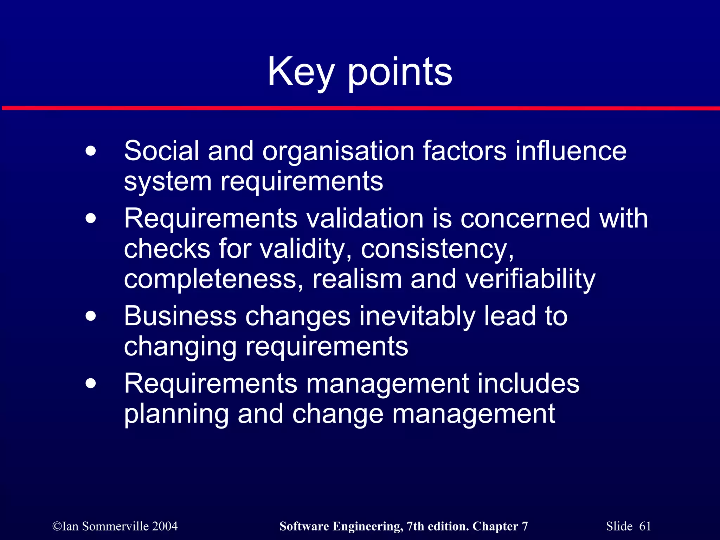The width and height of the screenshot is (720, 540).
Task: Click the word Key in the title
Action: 301,72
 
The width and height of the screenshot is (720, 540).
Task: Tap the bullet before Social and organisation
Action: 91,152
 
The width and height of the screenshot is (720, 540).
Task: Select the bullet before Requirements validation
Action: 91,219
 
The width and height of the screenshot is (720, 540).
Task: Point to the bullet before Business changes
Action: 91,316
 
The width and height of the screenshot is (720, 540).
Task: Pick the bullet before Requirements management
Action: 91,384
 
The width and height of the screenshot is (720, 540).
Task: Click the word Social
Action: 161,151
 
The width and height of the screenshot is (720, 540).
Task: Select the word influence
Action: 571,151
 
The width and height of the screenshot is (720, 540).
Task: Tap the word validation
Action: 365,219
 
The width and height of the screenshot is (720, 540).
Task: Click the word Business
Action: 180,316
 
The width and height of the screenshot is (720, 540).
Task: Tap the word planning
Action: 176,415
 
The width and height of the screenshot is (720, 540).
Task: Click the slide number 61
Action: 645,526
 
